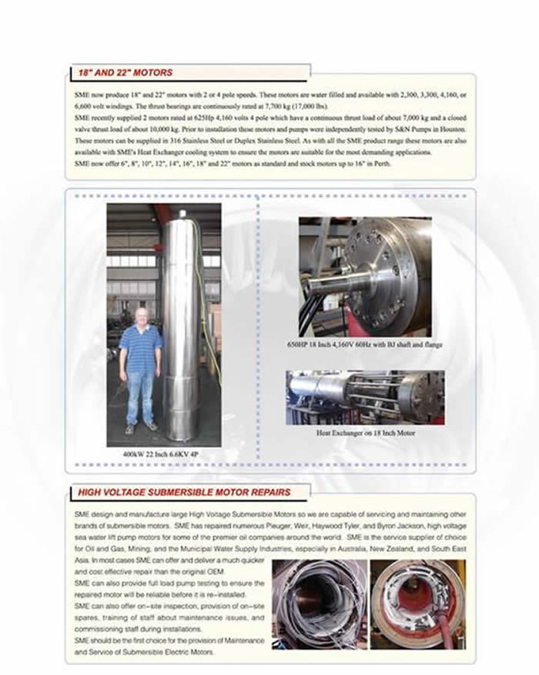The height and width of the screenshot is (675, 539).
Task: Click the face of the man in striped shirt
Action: [x=140, y=316]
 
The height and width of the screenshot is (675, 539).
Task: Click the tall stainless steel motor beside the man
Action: [x=182, y=323]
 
